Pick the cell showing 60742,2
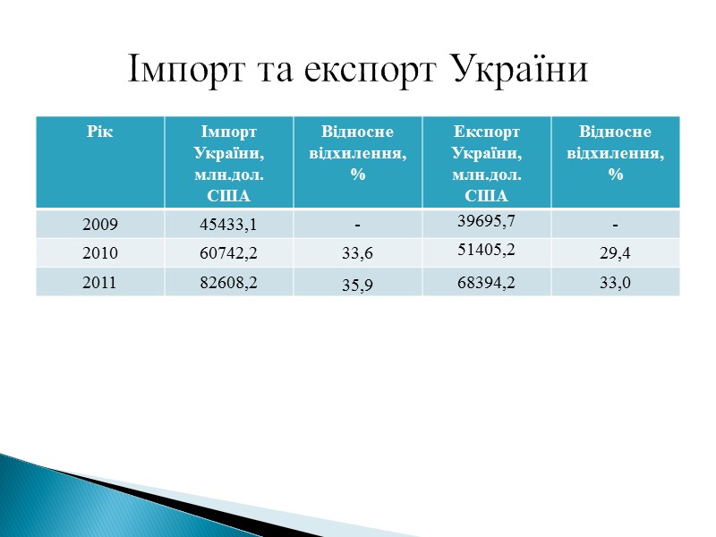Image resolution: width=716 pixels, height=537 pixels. [229, 253]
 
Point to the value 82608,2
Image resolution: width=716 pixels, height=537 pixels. [229, 283]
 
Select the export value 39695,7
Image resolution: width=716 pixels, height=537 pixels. [486, 221]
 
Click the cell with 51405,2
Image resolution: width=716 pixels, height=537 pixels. [486, 250]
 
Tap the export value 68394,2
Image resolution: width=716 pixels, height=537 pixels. [486, 283]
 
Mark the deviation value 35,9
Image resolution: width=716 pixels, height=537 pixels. [358, 286]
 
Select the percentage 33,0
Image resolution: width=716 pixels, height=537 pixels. [616, 283]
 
